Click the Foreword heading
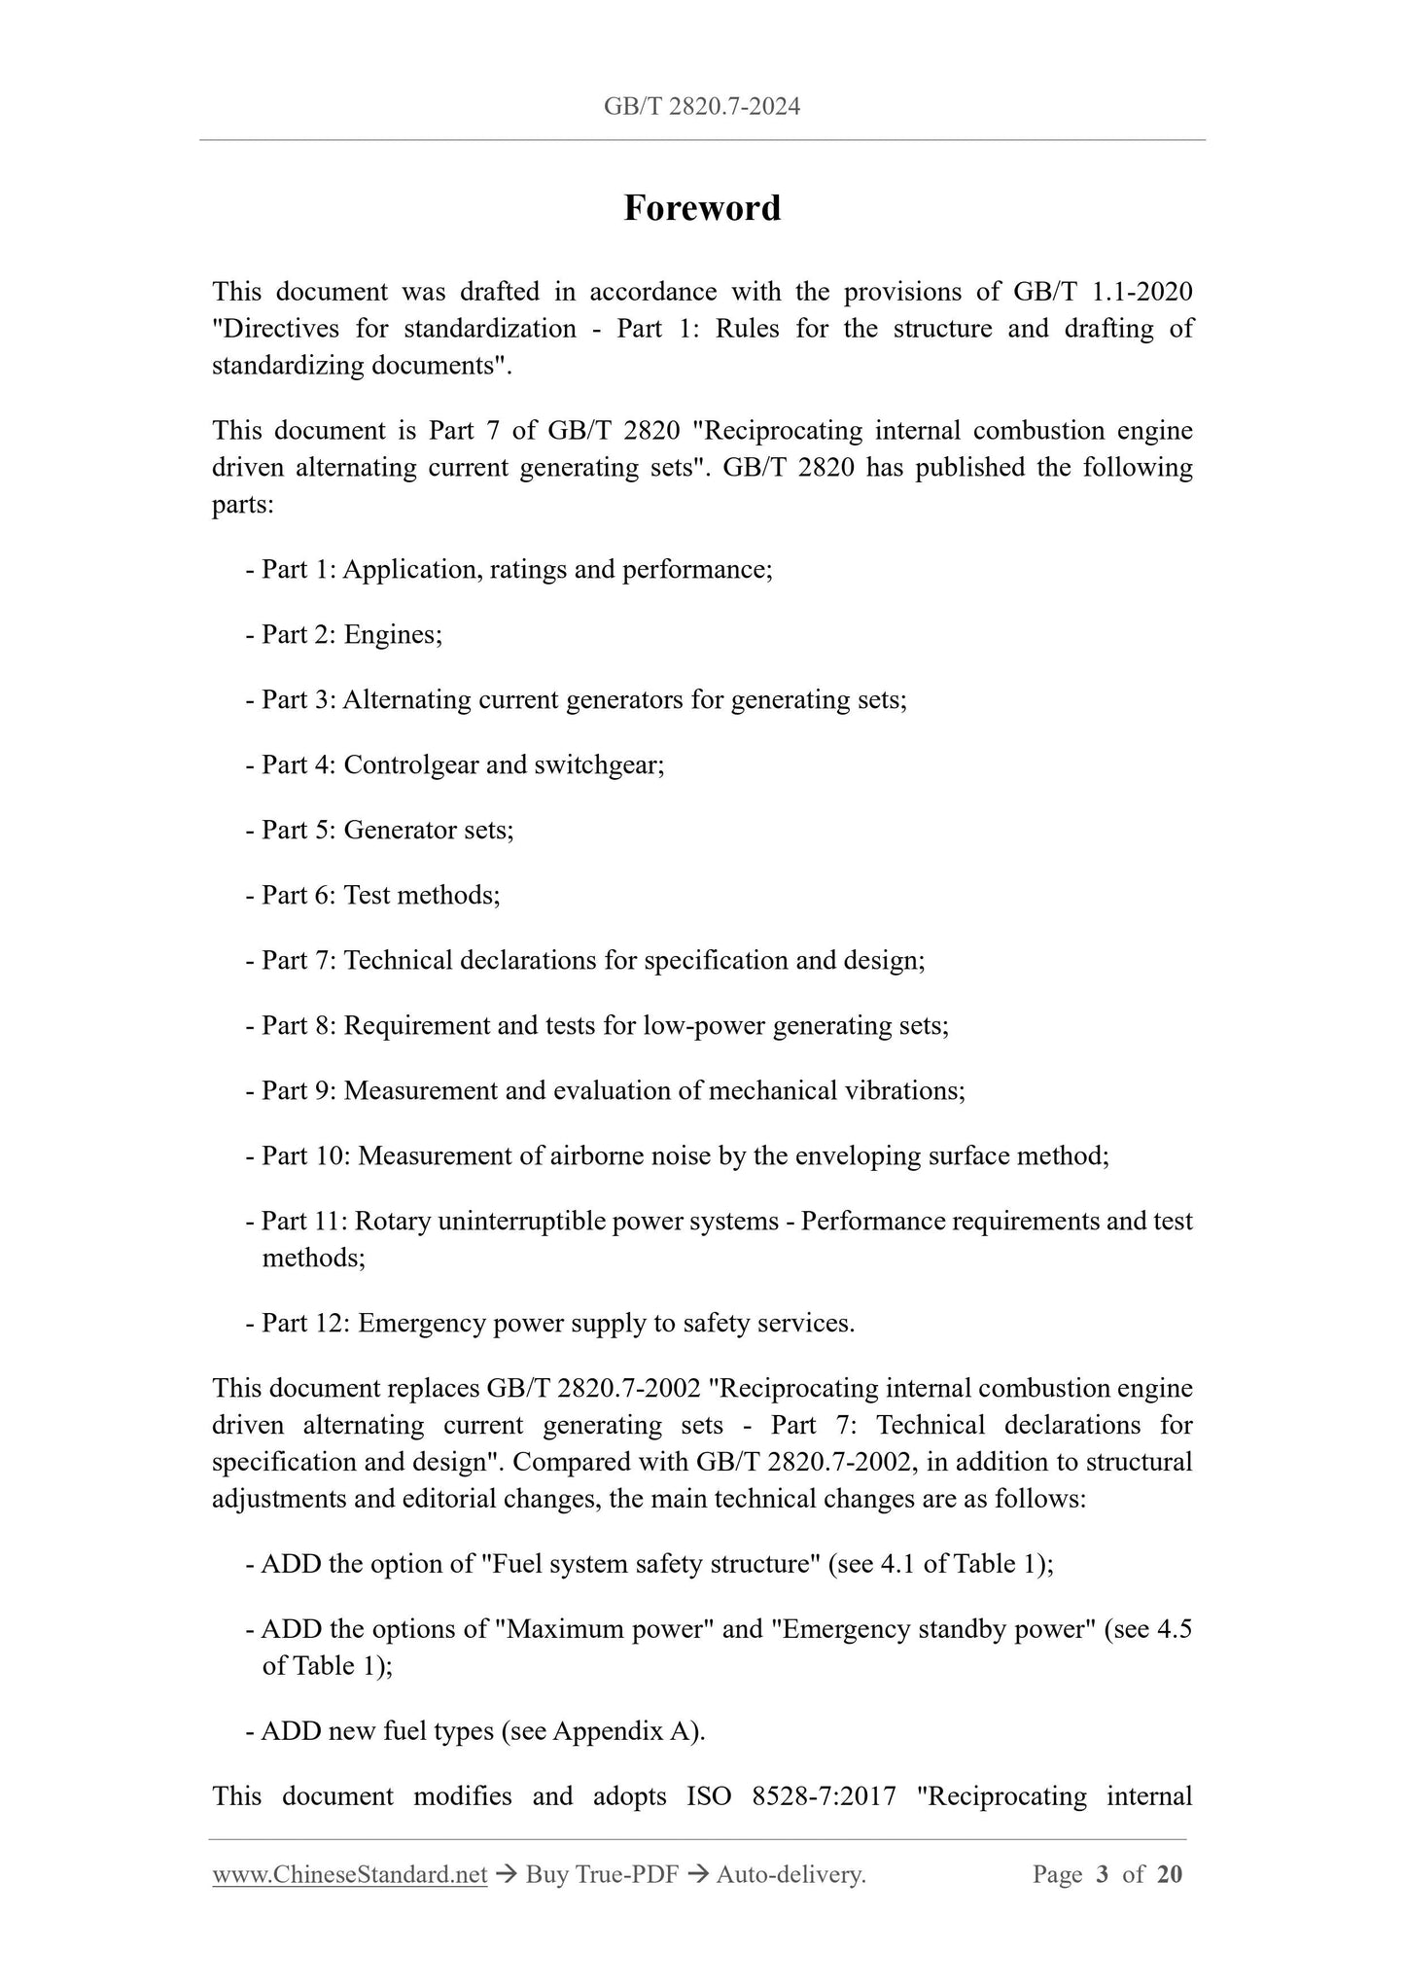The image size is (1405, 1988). pos(702,208)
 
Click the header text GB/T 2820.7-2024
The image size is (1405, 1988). pos(702,107)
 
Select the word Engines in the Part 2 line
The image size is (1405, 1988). pos(393,635)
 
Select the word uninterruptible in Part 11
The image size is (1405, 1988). pos(520,1222)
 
